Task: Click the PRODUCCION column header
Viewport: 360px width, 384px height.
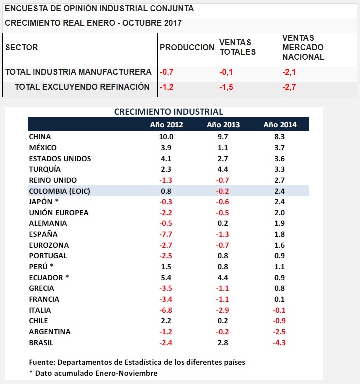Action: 187,47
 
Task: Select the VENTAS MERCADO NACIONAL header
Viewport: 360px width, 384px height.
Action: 303,47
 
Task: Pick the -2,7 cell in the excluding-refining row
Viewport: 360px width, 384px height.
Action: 289,87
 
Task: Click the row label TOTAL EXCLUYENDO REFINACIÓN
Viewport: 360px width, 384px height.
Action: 82,87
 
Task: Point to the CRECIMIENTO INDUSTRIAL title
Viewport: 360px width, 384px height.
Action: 168,112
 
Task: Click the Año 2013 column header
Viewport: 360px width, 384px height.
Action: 223,125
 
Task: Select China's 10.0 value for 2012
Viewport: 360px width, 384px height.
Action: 166,137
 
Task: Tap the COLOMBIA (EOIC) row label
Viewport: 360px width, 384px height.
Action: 60,191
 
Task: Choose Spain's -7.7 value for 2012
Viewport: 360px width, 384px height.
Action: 166,234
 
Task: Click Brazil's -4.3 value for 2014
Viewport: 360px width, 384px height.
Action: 280,343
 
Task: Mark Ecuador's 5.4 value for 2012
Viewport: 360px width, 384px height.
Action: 166,278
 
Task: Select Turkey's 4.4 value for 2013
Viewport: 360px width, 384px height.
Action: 223,169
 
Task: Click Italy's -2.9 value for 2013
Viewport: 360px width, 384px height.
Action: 223,310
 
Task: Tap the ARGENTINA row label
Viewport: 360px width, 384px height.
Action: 50,332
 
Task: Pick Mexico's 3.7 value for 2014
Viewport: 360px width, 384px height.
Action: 280,148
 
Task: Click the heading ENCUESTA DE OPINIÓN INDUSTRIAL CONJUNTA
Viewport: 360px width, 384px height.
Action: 99,9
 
